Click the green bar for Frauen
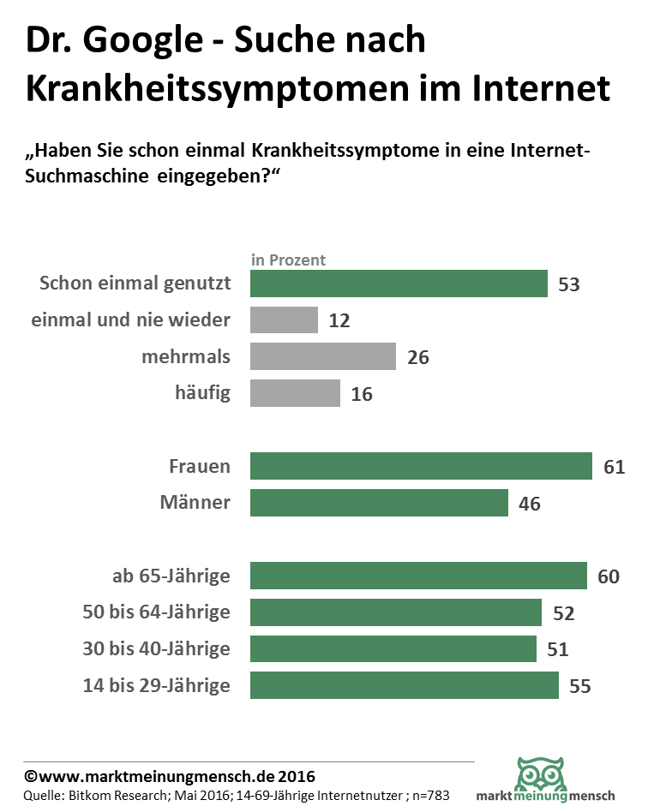[x=421, y=466]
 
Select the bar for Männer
[x=379, y=503]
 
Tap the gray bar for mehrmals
[x=322, y=356]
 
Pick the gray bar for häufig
[x=295, y=393]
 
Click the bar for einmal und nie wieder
[x=284, y=320]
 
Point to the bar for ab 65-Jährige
[x=418, y=576]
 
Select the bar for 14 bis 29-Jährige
[x=404, y=685]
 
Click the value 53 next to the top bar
[x=569, y=284]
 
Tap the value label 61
[x=614, y=467]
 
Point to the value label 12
[x=339, y=321]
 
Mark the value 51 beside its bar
[x=558, y=649]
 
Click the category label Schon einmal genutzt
[x=135, y=284]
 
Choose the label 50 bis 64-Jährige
[x=156, y=612]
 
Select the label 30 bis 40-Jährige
[x=156, y=649]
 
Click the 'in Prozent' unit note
[x=288, y=260]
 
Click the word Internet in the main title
[x=542, y=88]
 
